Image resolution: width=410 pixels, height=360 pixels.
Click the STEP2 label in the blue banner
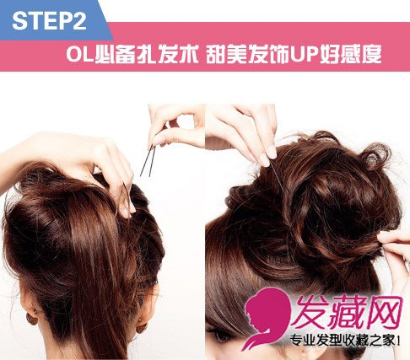pyautogui.click(x=49, y=20)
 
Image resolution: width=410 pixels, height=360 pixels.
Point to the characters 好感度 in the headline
pyautogui.click(x=351, y=54)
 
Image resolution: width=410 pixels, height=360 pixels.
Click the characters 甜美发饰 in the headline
pyautogui.click(x=247, y=54)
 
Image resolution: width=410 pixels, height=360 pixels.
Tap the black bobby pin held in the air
pyautogui.click(x=148, y=161)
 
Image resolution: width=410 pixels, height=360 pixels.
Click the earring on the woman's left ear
pyautogui.click(x=31, y=320)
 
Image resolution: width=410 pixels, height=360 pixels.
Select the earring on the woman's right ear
pyautogui.click(x=141, y=326)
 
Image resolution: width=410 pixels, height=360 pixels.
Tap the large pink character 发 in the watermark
pyautogui.click(x=309, y=313)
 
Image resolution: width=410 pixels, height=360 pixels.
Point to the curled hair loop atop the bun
pyautogui.click(x=375, y=156)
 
